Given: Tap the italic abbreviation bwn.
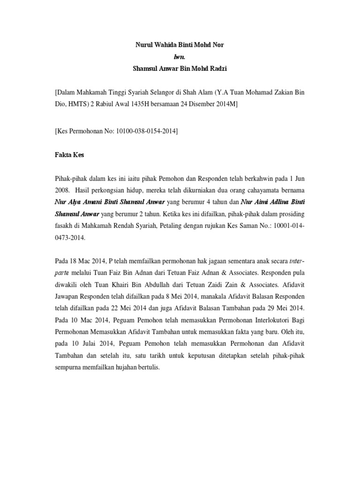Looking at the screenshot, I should pyautogui.click(x=180, y=57).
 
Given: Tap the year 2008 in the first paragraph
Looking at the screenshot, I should pyautogui.click(x=62, y=191).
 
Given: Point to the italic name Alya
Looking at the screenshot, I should pyautogui.click(x=76, y=202).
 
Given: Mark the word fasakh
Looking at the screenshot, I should pyautogui.click(x=65, y=225).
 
